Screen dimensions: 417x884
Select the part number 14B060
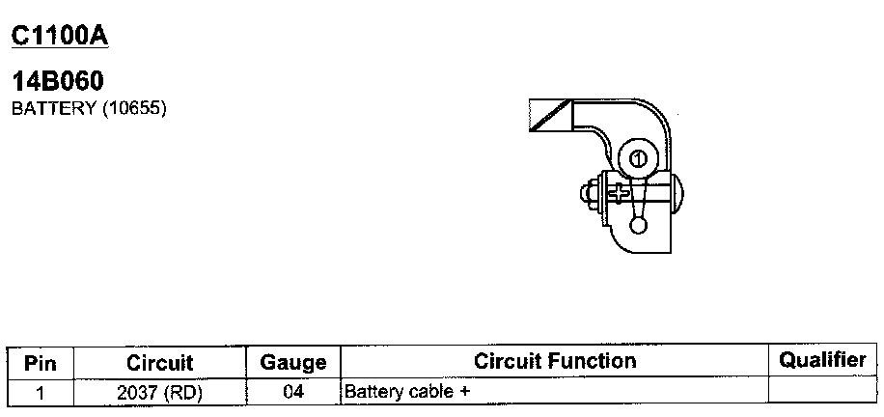click(57, 83)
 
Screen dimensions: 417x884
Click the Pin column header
click(41, 363)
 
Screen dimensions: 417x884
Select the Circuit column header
click(160, 363)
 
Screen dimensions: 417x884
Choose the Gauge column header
click(293, 363)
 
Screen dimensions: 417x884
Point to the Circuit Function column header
click(555, 361)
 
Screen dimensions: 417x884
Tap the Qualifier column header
click(822, 360)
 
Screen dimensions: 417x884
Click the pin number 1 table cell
click(41, 393)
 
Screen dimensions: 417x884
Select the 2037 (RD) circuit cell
click(160, 393)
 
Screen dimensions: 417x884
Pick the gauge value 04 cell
click(293, 393)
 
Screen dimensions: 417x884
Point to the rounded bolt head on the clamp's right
click(676, 194)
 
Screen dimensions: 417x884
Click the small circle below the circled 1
click(638, 226)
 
